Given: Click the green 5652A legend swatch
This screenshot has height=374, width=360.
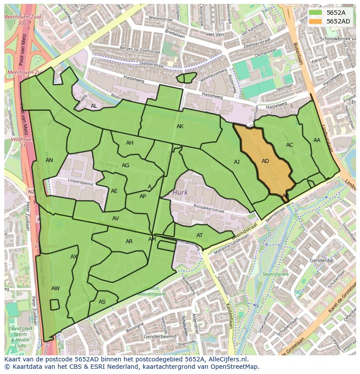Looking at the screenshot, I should [x=316, y=13].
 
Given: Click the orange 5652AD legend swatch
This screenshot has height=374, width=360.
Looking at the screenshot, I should [x=316, y=21].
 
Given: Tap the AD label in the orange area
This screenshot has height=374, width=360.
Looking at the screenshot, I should [x=265, y=161].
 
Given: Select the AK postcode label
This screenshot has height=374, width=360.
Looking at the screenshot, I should [x=180, y=126].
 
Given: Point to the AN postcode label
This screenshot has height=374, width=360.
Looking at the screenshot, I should [x=49, y=160].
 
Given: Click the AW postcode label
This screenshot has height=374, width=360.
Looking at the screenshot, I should [x=55, y=288].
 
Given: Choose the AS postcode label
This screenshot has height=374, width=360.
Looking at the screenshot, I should [x=102, y=302].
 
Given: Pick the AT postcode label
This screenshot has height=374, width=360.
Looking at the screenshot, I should [x=200, y=235].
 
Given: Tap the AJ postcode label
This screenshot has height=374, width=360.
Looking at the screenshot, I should [x=237, y=162].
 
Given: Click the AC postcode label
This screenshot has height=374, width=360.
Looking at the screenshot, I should [x=290, y=145].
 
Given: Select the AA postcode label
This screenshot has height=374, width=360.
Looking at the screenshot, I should [x=317, y=140].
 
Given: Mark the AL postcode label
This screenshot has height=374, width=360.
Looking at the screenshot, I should [x=94, y=106].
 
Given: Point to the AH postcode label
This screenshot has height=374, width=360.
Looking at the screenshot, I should [x=130, y=143].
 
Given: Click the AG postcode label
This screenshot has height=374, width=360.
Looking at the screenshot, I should [x=125, y=165].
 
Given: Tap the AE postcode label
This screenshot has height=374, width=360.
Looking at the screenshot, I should [x=114, y=191].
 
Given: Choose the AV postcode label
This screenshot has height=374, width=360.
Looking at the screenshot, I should [x=115, y=218].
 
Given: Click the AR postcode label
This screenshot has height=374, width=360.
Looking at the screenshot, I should [x=129, y=242].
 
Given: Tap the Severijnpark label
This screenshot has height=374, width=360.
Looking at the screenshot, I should [x=276, y=275].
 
